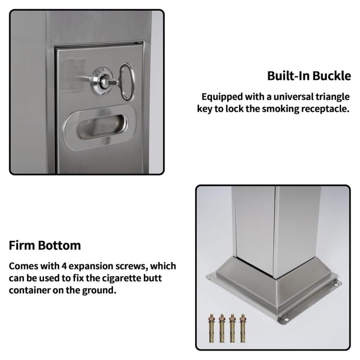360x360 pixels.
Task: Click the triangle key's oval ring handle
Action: (127, 83)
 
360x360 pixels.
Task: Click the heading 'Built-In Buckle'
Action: (309, 76)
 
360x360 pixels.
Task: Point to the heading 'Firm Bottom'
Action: (45, 246)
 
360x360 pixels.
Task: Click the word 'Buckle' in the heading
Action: (333, 76)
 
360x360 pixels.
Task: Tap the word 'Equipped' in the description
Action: (220, 97)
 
